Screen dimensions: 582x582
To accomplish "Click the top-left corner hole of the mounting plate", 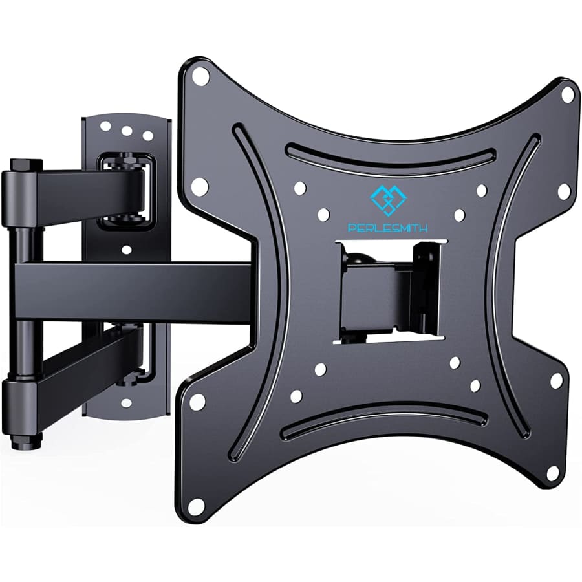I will pyautogui.click(x=201, y=76).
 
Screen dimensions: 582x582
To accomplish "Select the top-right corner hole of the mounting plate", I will pyautogui.click(x=567, y=94).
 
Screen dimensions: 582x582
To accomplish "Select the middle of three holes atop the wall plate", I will pyautogui.click(x=127, y=131).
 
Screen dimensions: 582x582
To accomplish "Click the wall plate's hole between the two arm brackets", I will pyautogui.click(x=126, y=249).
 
